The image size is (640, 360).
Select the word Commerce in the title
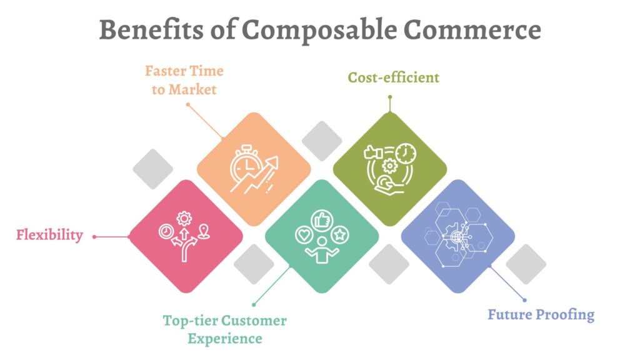(x=471, y=30)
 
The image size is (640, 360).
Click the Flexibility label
(x=49, y=236)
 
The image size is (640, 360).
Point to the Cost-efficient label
(x=393, y=77)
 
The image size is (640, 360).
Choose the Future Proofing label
(x=541, y=314)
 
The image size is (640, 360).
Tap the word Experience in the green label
(x=225, y=339)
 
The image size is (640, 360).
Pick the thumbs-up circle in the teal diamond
(x=322, y=220)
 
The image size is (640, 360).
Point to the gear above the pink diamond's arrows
(x=184, y=218)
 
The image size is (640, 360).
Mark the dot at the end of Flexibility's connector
(x=94, y=237)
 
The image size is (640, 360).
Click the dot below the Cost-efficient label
(x=389, y=97)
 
